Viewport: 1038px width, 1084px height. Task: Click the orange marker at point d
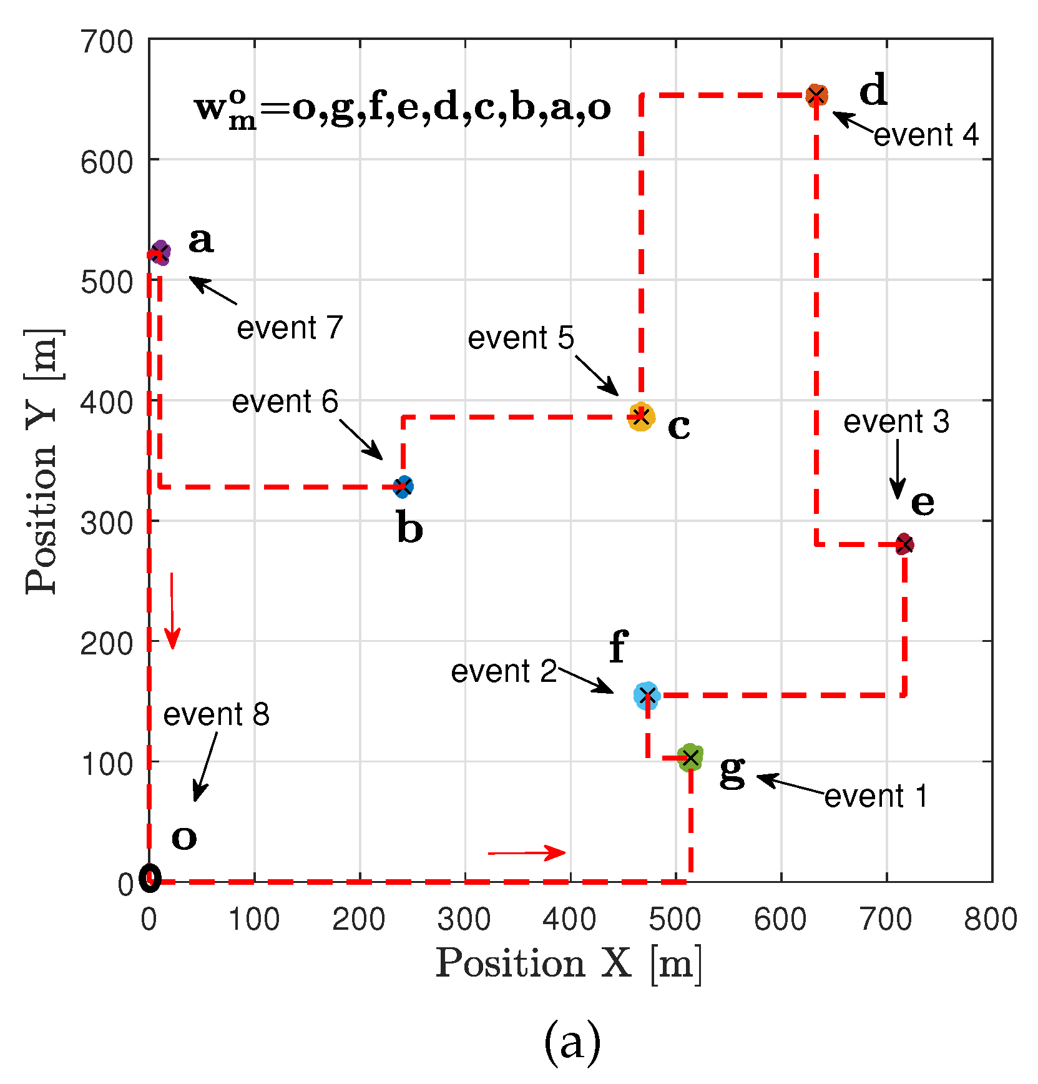point(816,95)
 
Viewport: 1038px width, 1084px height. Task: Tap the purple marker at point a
point(160,252)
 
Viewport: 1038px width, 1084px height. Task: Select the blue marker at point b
point(404,486)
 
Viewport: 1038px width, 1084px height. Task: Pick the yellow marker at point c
point(641,417)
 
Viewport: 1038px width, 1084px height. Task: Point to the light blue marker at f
point(647,695)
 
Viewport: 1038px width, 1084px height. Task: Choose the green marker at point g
point(690,757)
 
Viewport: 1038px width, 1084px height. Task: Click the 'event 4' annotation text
point(926,135)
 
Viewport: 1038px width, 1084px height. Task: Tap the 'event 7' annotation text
point(290,328)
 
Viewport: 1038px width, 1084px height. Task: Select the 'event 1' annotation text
point(876,796)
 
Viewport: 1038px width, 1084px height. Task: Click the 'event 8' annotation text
point(216,714)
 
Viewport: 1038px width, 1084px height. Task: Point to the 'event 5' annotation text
point(521,338)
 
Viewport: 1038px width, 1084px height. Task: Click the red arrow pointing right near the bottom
point(527,853)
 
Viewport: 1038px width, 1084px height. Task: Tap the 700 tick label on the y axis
point(107,42)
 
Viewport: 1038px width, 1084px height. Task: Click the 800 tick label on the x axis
point(991,920)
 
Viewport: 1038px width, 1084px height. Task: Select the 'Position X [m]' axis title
point(569,963)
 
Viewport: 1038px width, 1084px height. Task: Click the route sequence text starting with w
point(403,108)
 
